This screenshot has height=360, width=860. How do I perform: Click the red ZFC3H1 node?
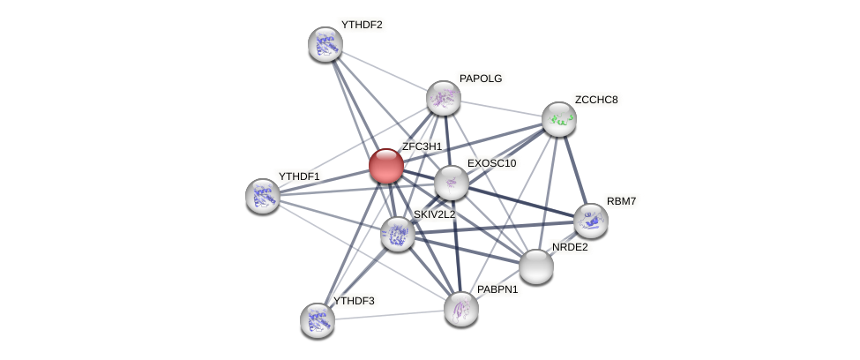click(385, 166)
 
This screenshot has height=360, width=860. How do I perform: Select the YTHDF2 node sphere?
click(325, 44)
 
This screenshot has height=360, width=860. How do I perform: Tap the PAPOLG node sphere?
click(444, 98)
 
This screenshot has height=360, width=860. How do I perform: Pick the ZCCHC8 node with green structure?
click(558, 119)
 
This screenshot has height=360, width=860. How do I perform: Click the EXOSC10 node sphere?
click(452, 183)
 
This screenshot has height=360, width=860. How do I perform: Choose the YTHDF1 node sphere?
click(263, 196)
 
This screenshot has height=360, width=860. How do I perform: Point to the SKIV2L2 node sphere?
click(398, 234)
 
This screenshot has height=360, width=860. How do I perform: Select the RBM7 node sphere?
click(590, 221)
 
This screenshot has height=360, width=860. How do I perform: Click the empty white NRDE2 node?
click(536, 266)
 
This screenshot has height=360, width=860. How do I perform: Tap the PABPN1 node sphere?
click(460, 309)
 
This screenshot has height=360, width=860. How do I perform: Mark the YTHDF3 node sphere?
click(318, 320)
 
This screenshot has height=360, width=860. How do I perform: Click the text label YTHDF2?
click(362, 25)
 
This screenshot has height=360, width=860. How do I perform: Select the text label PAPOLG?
click(480, 79)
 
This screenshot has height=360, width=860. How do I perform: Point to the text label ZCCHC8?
click(596, 100)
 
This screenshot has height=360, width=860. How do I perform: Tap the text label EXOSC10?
click(491, 163)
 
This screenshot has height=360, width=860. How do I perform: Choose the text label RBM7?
click(621, 201)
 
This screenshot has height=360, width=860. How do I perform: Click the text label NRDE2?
click(570, 247)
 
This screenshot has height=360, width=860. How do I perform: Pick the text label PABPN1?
click(497, 289)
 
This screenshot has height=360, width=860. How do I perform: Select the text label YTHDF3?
click(354, 301)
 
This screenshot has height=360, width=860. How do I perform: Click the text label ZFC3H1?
click(422, 146)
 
